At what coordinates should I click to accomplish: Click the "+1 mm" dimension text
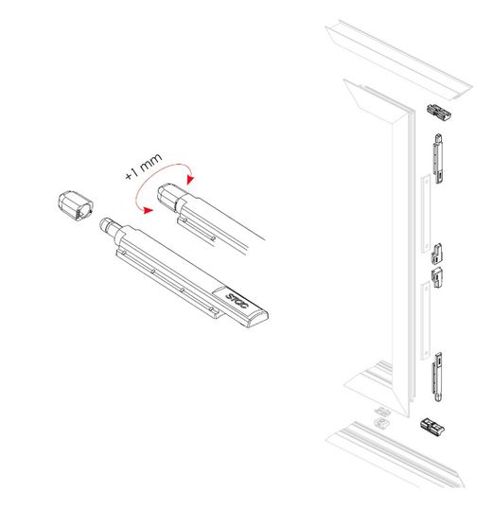click(144, 167)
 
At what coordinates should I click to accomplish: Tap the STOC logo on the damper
click(237, 301)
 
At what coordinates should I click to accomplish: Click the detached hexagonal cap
click(76, 206)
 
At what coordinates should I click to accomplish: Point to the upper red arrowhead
click(190, 180)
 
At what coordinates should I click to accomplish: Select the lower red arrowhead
click(148, 210)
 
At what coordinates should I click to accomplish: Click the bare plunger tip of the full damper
click(106, 224)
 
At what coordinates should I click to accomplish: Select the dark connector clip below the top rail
click(439, 112)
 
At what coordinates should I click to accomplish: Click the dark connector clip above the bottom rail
click(432, 427)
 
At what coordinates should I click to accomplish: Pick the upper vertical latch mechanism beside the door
click(438, 159)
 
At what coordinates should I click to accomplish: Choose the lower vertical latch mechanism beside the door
click(437, 377)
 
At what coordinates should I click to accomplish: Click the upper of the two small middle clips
click(436, 253)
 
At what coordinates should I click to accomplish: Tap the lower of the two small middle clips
click(437, 277)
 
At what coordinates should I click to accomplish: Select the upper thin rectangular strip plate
click(426, 214)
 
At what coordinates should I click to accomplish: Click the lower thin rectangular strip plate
click(425, 321)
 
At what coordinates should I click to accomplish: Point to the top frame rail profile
click(399, 61)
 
